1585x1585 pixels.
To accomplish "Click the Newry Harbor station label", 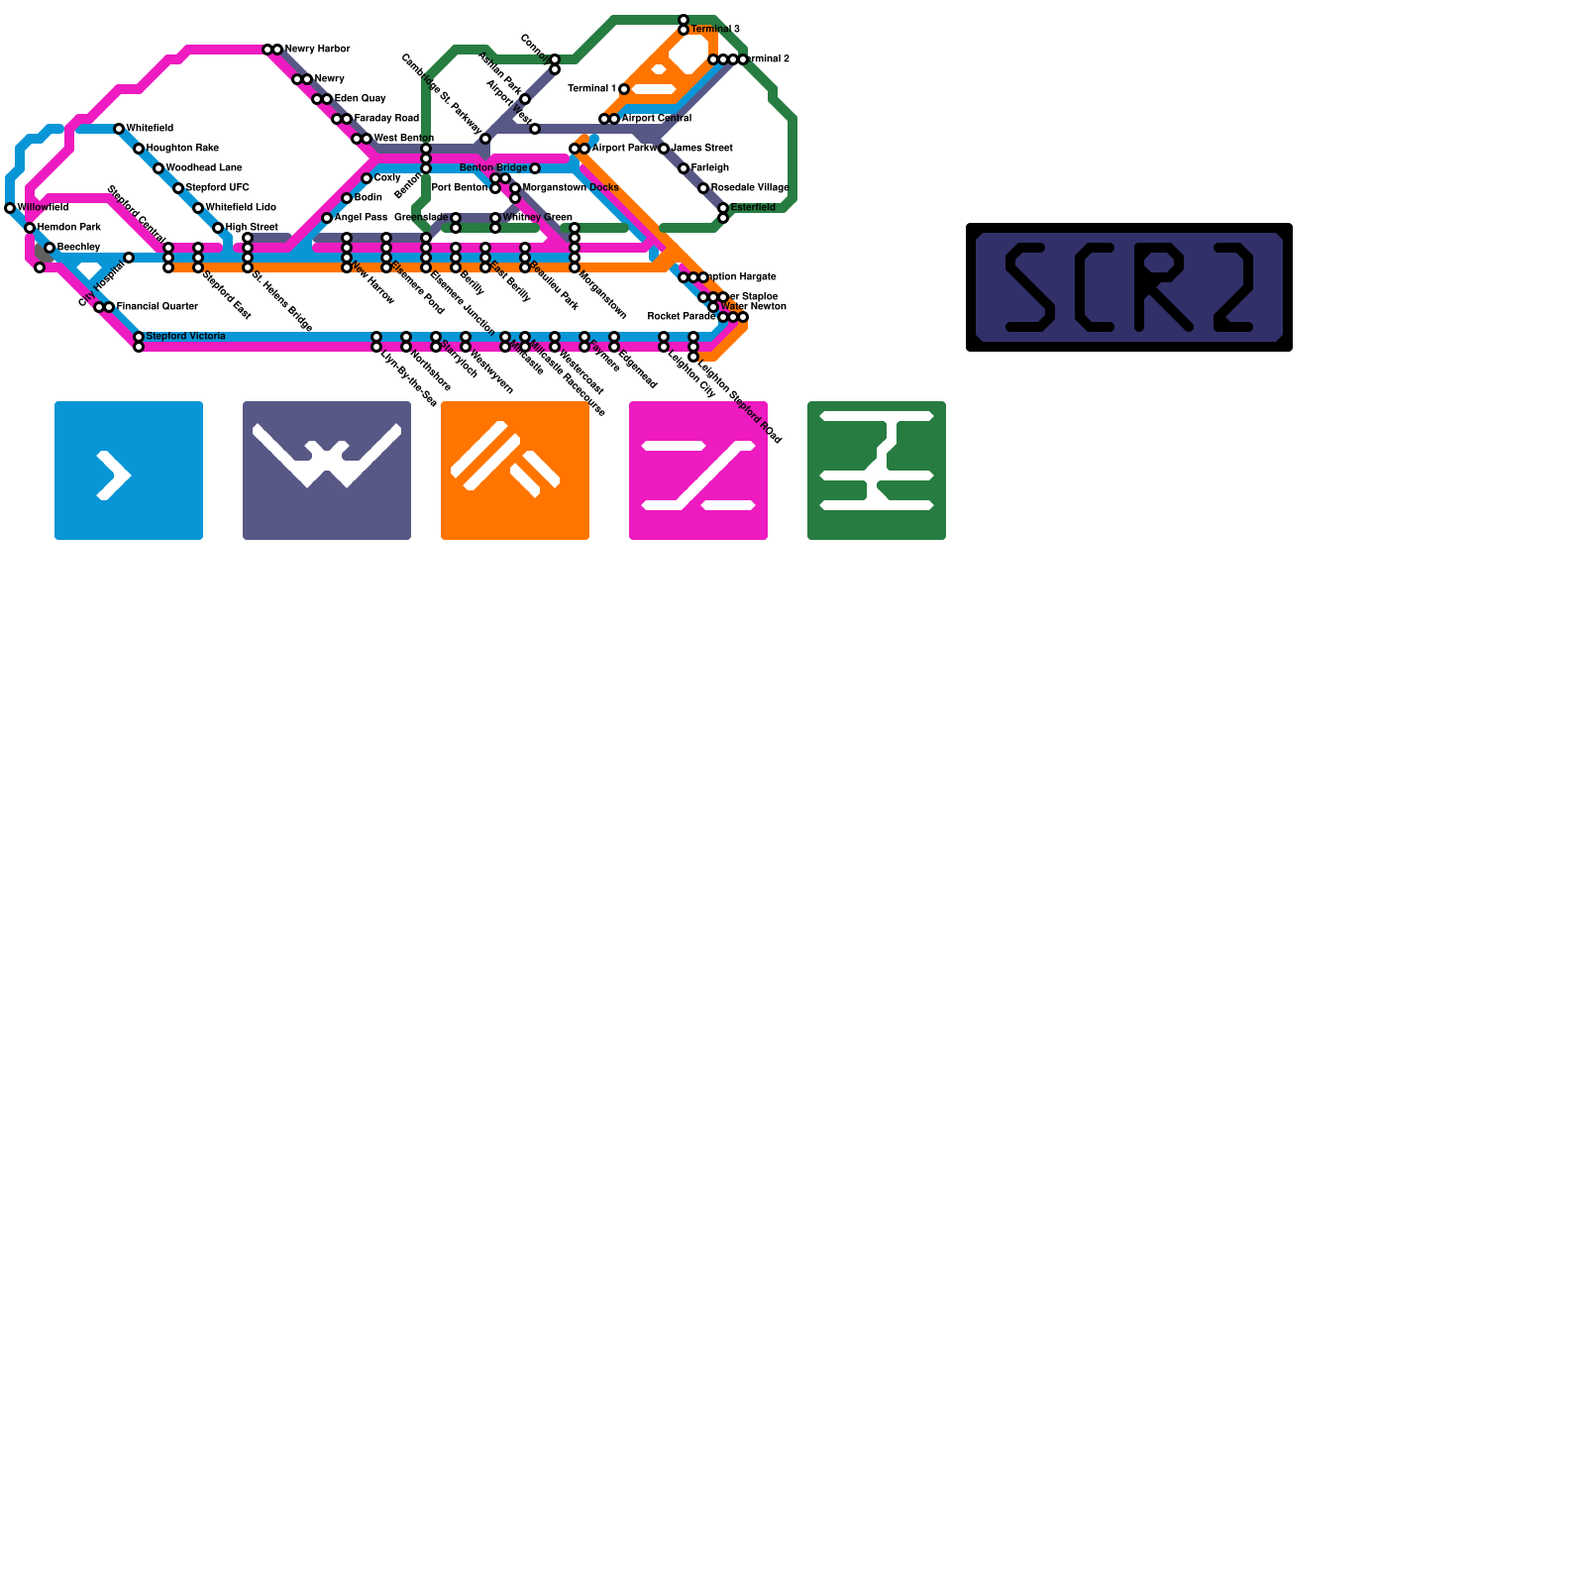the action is click(317, 49).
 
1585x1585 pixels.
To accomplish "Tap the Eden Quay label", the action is click(360, 98).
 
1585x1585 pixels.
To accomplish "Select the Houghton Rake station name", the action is click(182, 148).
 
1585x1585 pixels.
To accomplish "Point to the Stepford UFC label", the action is click(217, 187).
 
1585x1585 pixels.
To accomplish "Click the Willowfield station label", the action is click(43, 207).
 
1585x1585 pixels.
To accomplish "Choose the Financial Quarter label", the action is click(157, 306).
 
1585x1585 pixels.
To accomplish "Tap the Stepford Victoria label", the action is click(185, 336).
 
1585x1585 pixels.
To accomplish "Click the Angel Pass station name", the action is click(361, 217).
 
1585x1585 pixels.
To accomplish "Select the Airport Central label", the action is click(656, 118).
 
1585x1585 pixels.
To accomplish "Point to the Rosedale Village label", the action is click(749, 187).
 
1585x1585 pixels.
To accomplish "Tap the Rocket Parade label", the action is click(681, 316).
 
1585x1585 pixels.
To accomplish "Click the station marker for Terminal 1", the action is click(624, 89).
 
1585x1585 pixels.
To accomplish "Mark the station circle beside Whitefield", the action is click(119, 129).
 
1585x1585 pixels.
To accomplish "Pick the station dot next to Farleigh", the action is click(684, 168).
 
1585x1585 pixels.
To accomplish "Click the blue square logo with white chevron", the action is click(129, 471).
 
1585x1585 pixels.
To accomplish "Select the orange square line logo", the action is click(515, 471).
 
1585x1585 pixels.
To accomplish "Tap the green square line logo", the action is click(877, 471).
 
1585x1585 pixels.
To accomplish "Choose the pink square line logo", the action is click(698, 471).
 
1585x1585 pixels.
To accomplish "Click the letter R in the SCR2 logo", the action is click(1162, 287).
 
